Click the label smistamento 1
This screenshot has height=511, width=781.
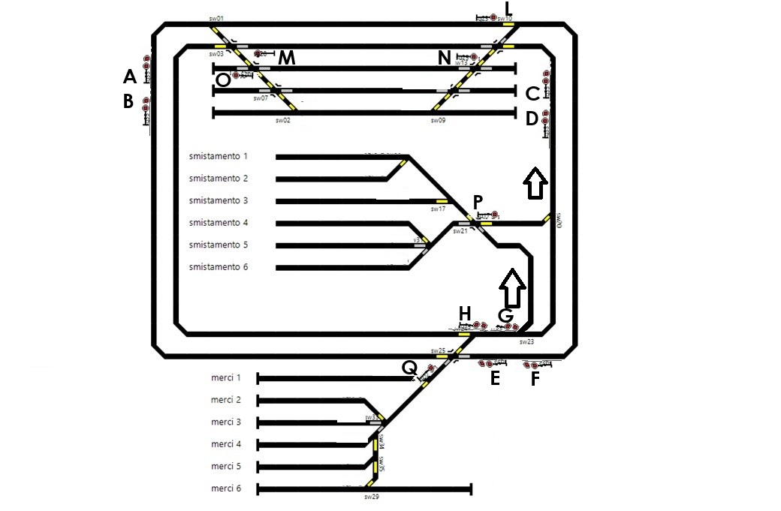coord(218,156)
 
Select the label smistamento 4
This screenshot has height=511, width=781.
coord(218,223)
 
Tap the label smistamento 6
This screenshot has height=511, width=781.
coord(218,267)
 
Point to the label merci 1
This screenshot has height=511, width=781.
coord(226,377)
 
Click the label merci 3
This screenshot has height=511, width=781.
coord(226,422)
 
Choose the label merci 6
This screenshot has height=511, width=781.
coord(226,488)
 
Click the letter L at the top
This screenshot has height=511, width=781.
coord(508,9)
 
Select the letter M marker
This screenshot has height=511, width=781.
coord(287,58)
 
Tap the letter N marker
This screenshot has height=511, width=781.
coord(445,58)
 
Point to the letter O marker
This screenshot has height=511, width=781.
coord(222,79)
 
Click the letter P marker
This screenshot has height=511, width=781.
coord(478,202)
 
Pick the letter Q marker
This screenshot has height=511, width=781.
coord(409,367)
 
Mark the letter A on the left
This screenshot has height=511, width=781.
coord(129,77)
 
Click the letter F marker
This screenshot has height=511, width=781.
coord(535,379)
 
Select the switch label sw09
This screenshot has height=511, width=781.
coord(439,120)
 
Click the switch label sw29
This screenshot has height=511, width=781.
coord(369,497)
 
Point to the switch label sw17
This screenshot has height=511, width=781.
coord(438,209)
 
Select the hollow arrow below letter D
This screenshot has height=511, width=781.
coord(534,183)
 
